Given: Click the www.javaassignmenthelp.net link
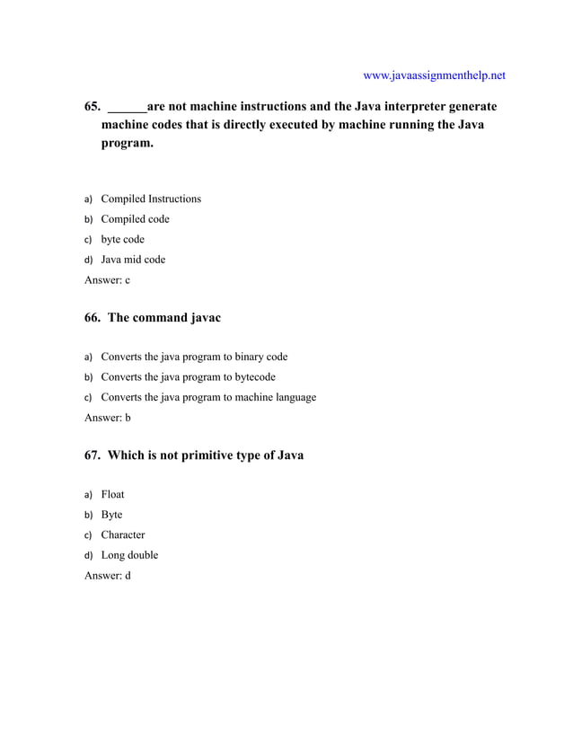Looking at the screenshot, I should pos(433,75).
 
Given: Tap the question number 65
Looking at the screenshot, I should pos(92,107).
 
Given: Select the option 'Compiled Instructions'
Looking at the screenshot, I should pos(150,199).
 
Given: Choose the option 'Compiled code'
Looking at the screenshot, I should pos(135,219).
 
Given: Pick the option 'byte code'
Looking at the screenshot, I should pos(122,239).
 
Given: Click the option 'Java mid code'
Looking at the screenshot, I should pos(133,260).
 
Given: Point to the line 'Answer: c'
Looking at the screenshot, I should pos(107,279).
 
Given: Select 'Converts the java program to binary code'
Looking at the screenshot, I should pos(194,357).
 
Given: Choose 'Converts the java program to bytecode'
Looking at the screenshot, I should pos(188,377).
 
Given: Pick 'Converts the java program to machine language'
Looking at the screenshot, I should pos(208,397).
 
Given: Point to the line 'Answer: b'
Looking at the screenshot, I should pos(107,417).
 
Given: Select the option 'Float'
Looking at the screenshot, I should pos(112,495).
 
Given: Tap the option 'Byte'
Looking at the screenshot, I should pos(111,515).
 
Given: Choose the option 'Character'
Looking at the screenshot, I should pos(122,534).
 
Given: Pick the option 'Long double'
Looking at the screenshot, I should pos(129,555).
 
